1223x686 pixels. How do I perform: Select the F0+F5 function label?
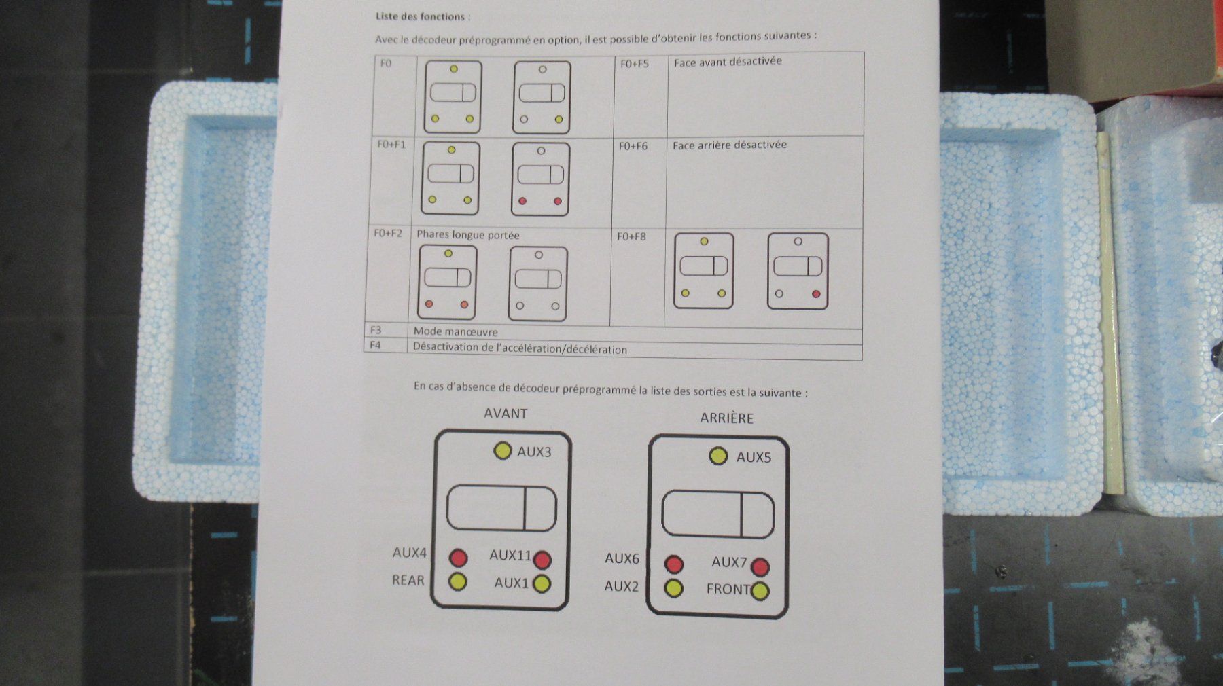[635, 64]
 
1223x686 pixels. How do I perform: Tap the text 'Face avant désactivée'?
[728, 62]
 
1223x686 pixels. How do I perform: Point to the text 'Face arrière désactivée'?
[730, 145]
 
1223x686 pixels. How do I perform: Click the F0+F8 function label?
[631, 236]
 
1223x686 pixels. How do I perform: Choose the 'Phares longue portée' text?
[468, 235]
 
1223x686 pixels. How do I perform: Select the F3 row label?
[376, 330]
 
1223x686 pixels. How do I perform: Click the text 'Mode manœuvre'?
[455, 331]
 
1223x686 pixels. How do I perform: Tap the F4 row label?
[375, 345]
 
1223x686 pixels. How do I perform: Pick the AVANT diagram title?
[506, 413]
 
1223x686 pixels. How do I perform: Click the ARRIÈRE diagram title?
[726, 418]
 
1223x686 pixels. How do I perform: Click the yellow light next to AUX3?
[503, 450]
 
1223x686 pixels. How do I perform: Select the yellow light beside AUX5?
[718, 456]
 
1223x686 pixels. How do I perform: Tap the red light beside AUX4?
[459, 558]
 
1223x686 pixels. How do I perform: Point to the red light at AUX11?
[542, 560]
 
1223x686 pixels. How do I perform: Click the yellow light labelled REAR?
[458, 581]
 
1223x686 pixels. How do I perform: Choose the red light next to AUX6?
[674, 564]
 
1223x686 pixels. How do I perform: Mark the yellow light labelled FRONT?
[760, 591]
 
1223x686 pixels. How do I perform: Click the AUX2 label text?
[622, 585]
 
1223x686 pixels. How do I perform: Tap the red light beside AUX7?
[760, 567]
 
